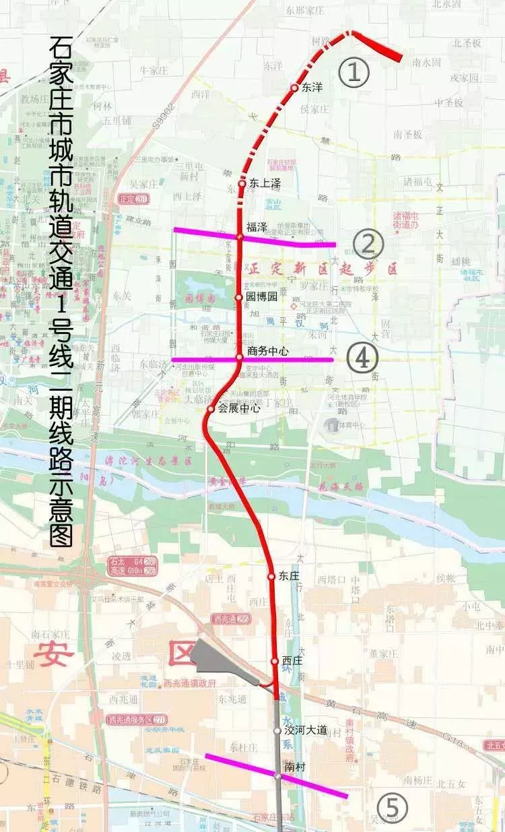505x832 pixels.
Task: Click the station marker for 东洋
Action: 294,88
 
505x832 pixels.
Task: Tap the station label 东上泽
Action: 265,183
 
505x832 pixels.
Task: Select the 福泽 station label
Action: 257,227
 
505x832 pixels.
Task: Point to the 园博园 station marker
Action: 238,296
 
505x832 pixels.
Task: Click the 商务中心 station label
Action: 267,350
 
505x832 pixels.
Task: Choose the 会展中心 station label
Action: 238,408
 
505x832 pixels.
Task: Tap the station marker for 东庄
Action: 271,576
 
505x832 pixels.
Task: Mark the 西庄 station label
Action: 292,661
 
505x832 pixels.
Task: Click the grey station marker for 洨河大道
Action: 277,730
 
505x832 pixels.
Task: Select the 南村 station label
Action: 296,766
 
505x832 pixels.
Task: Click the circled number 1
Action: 354,71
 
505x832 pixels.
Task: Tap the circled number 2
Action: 368,244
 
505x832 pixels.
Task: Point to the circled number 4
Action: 362,358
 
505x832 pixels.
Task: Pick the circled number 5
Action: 393,807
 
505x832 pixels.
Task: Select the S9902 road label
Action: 164,116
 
